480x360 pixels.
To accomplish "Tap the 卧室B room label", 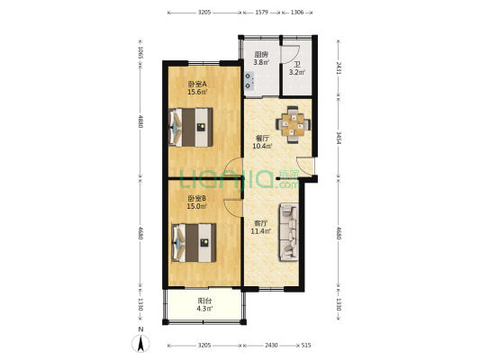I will point(197,200).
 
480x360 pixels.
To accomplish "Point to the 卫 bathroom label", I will point(296,65).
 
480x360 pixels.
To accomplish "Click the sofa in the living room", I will point(290,233).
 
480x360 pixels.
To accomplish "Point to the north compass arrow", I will point(141,342).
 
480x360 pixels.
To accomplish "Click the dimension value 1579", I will point(261,13).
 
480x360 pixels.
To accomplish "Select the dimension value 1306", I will point(297,13).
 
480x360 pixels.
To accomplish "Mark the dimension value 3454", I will point(337,139).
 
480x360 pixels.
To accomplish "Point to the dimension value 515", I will point(306,345).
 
